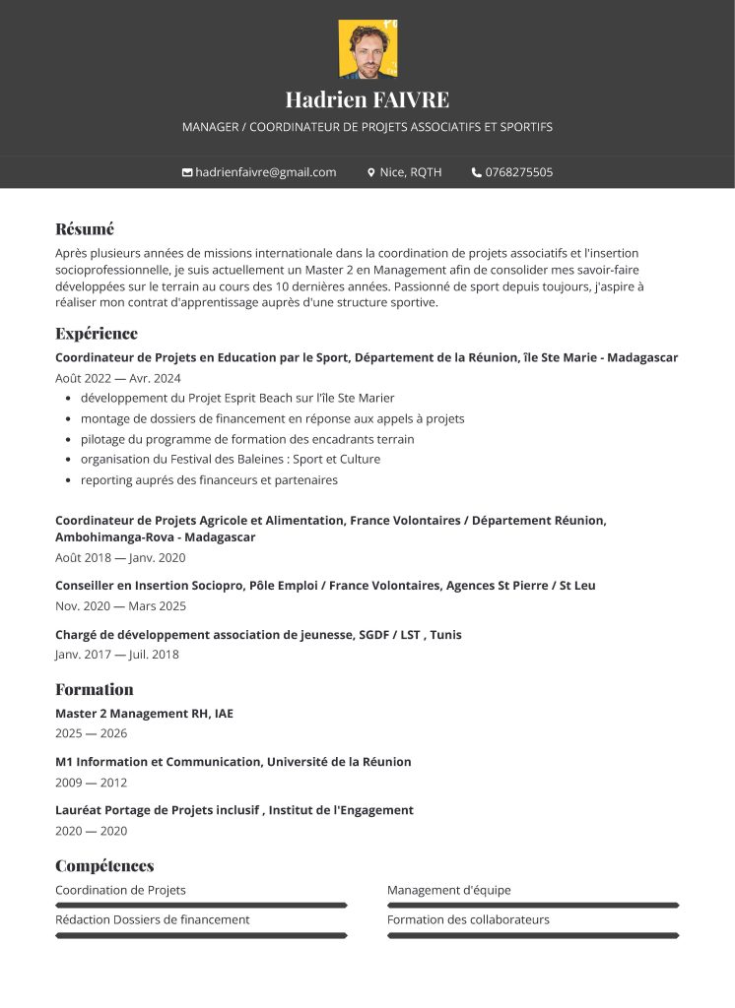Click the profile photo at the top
[x=367, y=49]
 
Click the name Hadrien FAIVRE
[x=367, y=99]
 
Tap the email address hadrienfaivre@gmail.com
[x=266, y=172]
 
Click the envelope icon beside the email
[x=187, y=172]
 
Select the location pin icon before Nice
[x=371, y=172]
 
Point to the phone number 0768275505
[x=519, y=172]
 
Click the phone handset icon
[x=477, y=172]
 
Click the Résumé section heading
[x=85, y=229]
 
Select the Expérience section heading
[x=97, y=333]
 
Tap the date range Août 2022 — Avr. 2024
[x=118, y=378]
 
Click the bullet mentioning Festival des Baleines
[x=231, y=459]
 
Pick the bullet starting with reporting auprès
[x=209, y=479]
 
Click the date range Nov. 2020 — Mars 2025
[x=120, y=605]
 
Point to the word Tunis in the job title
[x=445, y=635]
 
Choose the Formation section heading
[x=94, y=689]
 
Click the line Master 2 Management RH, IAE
[x=144, y=713]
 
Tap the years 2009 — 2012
[x=92, y=783]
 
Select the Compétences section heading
[x=104, y=866]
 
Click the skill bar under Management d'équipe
[x=533, y=905]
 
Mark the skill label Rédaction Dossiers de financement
[x=153, y=919]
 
